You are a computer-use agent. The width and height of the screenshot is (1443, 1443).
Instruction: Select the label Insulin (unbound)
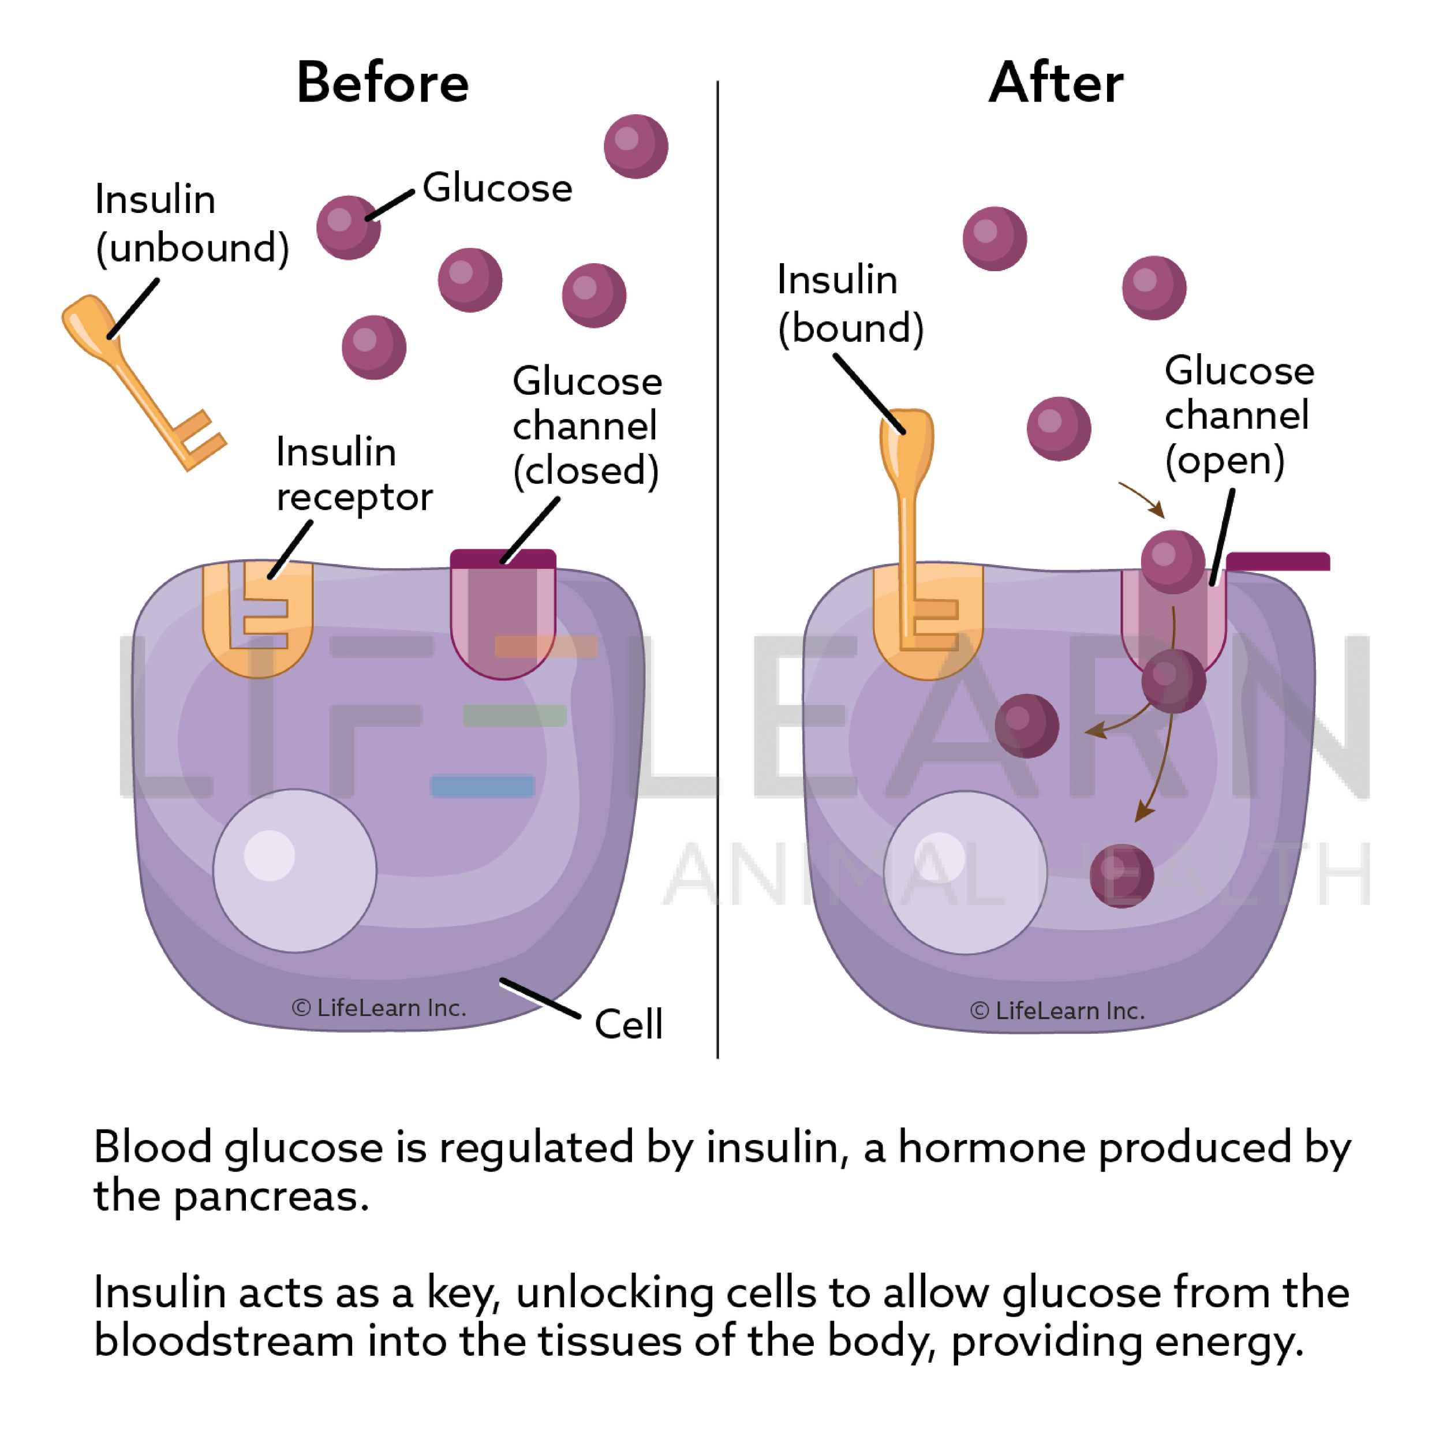click(192, 223)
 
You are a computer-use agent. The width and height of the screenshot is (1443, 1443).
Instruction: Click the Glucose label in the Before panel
click(498, 188)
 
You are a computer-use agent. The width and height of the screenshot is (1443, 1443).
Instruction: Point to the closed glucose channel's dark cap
click(503, 559)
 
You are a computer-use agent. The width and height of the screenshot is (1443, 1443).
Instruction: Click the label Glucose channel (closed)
click(586, 427)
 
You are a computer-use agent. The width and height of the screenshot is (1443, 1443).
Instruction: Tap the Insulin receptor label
click(354, 474)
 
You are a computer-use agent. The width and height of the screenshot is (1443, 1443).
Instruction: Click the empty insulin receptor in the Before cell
click(257, 620)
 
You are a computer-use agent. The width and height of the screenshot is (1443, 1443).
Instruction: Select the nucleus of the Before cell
click(294, 870)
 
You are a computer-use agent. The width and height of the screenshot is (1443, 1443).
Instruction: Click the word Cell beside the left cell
click(628, 1023)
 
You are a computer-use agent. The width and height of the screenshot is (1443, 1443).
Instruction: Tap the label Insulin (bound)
click(850, 304)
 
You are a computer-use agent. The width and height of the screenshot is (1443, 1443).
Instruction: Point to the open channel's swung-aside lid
click(1278, 561)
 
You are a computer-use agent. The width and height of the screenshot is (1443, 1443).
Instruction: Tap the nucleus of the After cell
click(965, 872)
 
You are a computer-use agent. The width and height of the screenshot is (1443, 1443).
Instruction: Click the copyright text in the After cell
click(1057, 1011)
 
